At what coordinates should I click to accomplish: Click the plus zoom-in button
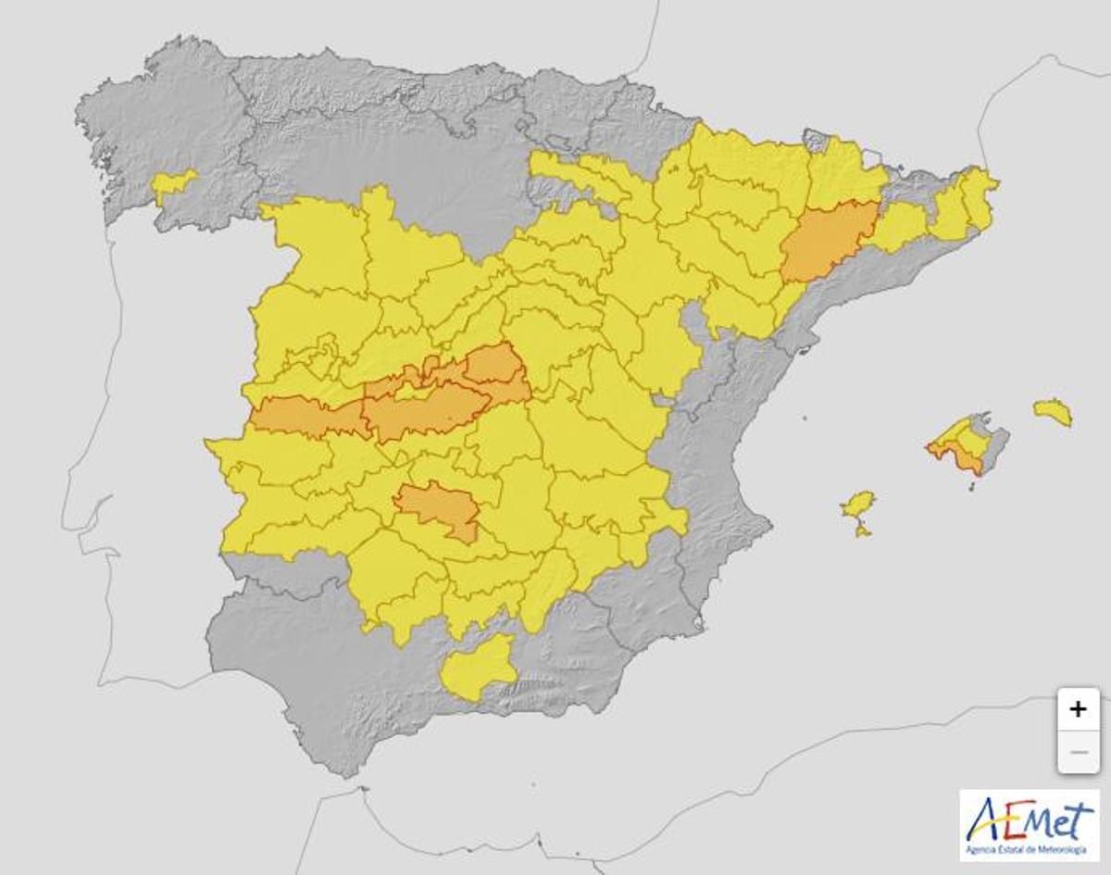click(1078, 709)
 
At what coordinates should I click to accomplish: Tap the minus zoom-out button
click(1078, 752)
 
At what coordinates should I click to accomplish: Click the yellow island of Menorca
click(1054, 412)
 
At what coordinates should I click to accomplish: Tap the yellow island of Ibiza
click(858, 504)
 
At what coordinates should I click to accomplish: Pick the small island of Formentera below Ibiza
click(862, 531)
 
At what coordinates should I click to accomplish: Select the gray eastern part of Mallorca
click(994, 444)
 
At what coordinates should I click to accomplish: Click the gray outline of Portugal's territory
click(139, 463)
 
